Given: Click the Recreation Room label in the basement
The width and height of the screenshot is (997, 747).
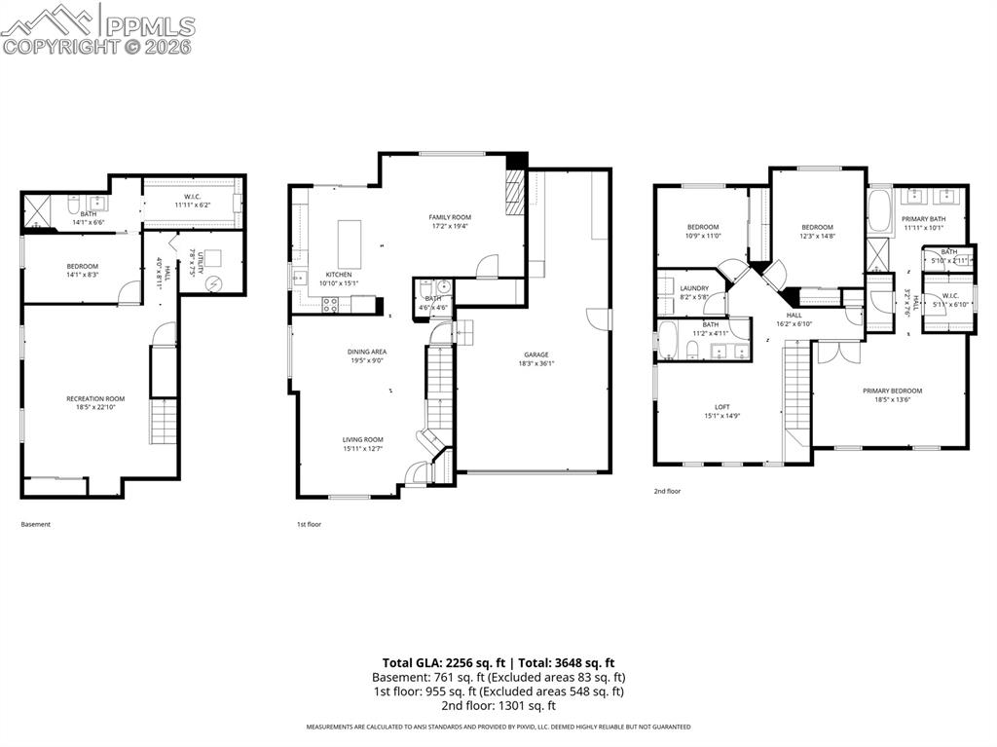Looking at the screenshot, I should [x=95, y=398].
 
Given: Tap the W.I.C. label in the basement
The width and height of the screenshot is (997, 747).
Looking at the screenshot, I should [x=192, y=197].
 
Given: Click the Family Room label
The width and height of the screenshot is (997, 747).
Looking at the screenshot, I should [x=450, y=217].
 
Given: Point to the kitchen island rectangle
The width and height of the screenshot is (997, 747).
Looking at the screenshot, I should [x=349, y=243].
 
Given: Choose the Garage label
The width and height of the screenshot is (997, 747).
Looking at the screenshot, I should [x=535, y=355].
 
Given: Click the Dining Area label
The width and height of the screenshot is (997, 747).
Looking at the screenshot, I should [x=366, y=352].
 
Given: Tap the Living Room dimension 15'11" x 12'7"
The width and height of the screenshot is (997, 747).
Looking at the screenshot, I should [x=362, y=449].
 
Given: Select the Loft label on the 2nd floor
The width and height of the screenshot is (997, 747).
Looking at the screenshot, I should [x=721, y=407].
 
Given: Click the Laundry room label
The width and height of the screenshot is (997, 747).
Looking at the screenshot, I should [x=694, y=288].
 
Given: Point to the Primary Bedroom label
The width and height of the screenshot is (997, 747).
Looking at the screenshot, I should [x=892, y=391].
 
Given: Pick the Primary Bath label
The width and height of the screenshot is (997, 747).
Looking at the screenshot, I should [x=923, y=219].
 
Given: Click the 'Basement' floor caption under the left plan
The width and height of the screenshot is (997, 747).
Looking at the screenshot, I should [x=35, y=524].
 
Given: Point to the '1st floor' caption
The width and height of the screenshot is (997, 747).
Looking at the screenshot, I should [x=309, y=524].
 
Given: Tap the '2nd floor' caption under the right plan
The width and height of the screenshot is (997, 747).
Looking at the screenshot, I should [x=667, y=492].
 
